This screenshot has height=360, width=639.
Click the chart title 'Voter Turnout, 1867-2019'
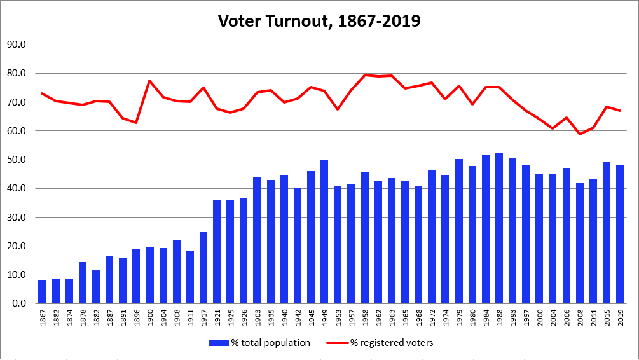click(319, 20)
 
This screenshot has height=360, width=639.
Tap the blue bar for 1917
click(203, 268)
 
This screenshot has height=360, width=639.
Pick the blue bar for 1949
click(324, 232)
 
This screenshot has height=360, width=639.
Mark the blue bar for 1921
click(217, 252)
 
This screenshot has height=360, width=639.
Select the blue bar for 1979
click(458, 232)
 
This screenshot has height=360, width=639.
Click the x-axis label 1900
click(150, 316)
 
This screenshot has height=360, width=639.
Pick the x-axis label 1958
click(365, 316)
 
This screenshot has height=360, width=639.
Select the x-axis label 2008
click(580, 316)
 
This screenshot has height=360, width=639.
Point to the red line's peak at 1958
click(365, 75)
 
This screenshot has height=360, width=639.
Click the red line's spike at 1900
click(149, 81)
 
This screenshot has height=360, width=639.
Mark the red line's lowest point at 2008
click(580, 134)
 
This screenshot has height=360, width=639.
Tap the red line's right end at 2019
click(620, 111)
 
